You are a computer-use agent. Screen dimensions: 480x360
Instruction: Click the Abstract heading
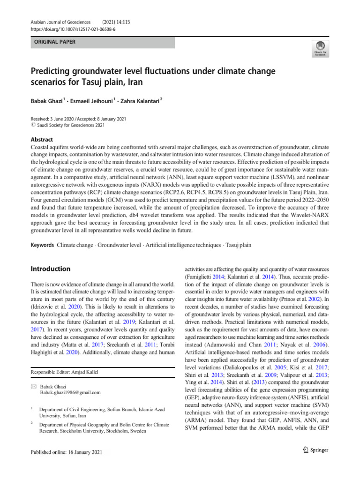42,140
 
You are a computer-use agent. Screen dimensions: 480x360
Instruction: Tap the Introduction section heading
50,269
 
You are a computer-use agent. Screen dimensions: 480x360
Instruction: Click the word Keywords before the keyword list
42,246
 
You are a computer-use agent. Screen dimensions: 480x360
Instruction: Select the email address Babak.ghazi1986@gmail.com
70,392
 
